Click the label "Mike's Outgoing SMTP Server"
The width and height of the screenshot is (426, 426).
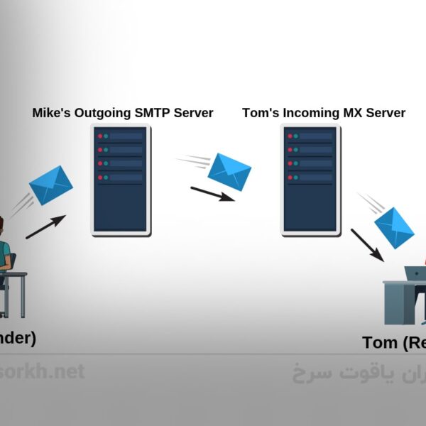coord(123,113)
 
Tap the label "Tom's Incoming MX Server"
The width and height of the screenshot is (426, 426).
coord(324,113)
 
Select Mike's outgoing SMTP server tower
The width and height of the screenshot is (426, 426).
coord(121,180)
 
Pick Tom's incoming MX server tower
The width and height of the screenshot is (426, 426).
coord(309,180)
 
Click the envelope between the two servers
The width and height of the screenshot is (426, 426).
coord(229,170)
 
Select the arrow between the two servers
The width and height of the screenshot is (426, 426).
coord(212,193)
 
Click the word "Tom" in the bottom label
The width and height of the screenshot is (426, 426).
coord(379,343)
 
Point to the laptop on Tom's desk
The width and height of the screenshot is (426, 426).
coord(415,273)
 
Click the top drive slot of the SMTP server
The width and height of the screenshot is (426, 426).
coord(121,135)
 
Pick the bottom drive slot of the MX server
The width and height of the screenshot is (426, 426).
coord(309,177)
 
